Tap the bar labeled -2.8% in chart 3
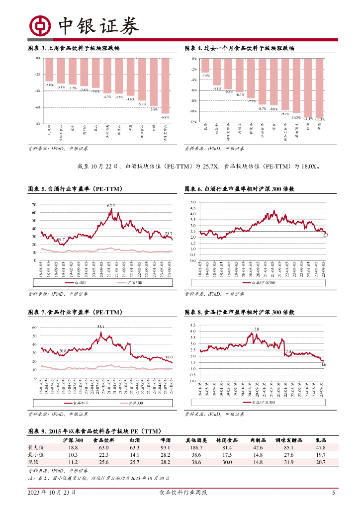[x=49, y=70]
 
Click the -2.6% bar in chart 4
[x=205, y=65]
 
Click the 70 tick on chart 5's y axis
[x=34, y=205]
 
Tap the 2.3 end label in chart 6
[x=325, y=235]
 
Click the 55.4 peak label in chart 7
[x=100, y=326]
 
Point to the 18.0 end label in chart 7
[x=169, y=357]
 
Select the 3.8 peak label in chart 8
[x=257, y=329]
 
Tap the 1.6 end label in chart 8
[x=324, y=365]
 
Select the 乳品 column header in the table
[x=321, y=440]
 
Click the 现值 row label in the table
[x=36, y=462]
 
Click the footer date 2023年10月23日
[x=52, y=493]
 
